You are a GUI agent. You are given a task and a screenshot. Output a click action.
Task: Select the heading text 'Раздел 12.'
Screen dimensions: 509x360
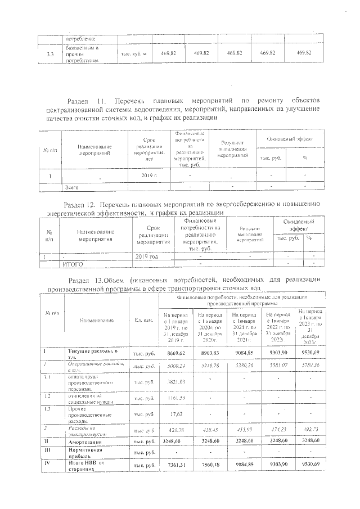coord(84,204)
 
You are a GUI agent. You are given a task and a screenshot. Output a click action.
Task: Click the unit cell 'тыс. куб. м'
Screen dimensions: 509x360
coord(134,53)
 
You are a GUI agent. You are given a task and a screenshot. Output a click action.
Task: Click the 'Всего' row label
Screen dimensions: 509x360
coord(71,186)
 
